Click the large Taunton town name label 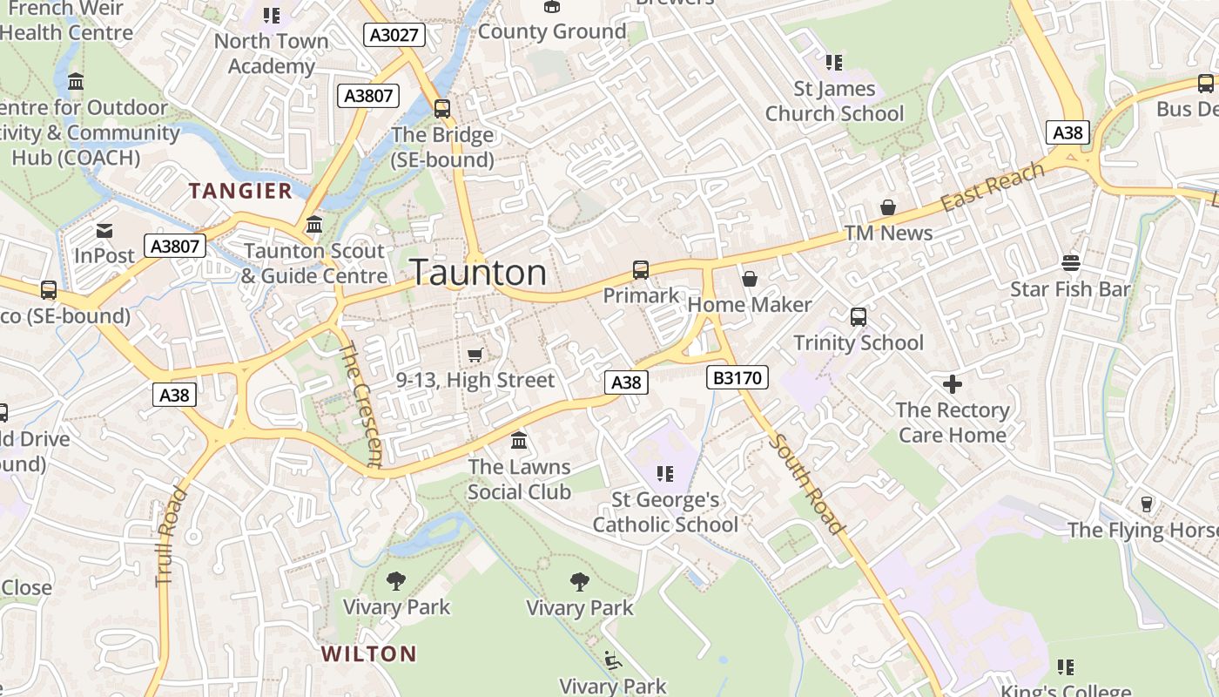(x=478, y=273)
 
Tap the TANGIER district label (x=241, y=191)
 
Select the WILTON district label (x=368, y=653)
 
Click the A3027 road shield (x=394, y=35)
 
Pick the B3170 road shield (x=737, y=377)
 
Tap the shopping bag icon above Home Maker (x=749, y=279)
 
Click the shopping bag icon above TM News (x=888, y=207)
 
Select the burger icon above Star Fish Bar (x=1070, y=263)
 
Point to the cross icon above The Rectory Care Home (x=953, y=383)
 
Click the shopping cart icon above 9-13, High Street (x=475, y=355)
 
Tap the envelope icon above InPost (x=104, y=231)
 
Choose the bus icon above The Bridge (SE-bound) (x=442, y=109)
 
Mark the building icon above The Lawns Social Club (x=519, y=440)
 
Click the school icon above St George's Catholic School (x=665, y=474)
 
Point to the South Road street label (x=807, y=484)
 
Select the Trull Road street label (x=172, y=536)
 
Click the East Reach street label (x=993, y=186)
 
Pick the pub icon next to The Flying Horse (x=1147, y=504)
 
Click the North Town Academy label (x=271, y=53)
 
